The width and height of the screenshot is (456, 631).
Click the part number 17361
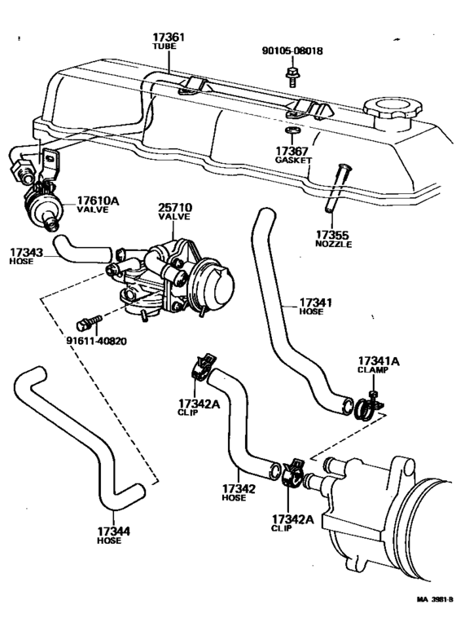tap(169, 38)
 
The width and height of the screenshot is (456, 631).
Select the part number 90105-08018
tap(293, 51)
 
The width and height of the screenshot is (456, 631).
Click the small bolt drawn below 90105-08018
tap(292, 75)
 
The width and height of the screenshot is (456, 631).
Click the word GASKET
tap(293, 161)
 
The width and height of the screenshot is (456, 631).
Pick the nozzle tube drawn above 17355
tap(339, 188)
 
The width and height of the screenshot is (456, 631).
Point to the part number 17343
tap(28, 253)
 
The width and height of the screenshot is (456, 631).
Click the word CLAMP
tap(374, 369)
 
